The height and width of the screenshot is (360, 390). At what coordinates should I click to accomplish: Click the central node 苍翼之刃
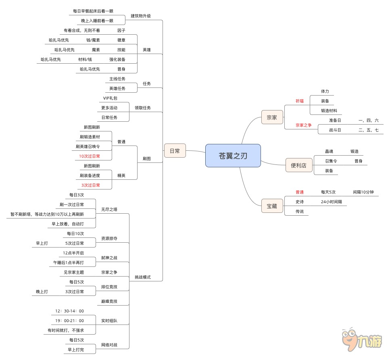(x=233, y=156)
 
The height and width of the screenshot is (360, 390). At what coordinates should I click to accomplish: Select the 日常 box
(x=175, y=151)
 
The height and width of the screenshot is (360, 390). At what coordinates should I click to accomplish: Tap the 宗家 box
(x=272, y=117)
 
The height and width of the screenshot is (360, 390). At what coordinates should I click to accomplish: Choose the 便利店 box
(x=299, y=165)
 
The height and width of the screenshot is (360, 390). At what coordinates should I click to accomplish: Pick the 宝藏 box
(x=272, y=206)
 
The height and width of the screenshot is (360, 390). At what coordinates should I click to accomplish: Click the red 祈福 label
(x=299, y=101)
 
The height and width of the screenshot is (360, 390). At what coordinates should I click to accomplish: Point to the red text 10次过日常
(x=90, y=156)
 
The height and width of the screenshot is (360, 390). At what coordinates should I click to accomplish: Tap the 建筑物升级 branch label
(x=141, y=16)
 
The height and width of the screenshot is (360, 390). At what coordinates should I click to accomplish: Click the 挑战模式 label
(x=142, y=277)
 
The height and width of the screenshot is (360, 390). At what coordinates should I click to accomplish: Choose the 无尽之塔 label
(x=109, y=209)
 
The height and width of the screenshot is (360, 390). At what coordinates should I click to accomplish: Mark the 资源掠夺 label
(x=109, y=238)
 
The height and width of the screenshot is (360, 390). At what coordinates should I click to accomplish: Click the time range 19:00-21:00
(x=70, y=320)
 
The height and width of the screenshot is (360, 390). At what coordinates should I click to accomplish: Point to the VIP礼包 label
(x=110, y=98)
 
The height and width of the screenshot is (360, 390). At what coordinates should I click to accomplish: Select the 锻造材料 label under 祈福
(x=329, y=110)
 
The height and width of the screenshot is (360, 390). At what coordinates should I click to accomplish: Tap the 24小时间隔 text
(x=331, y=202)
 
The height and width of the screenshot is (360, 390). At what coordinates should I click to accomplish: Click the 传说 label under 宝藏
(x=300, y=211)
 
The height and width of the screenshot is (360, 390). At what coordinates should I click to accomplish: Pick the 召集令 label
(x=331, y=161)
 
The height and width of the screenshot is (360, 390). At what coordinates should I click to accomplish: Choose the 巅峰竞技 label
(x=109, y=301)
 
